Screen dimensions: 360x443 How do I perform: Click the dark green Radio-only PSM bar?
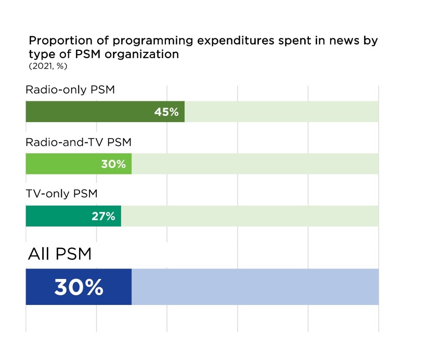tap(88, 112)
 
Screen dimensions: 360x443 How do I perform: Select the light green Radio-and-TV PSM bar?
tap(62, 164)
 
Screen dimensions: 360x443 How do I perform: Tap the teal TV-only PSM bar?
tap(57, 216)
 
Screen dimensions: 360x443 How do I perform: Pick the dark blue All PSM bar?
tap(39, 287)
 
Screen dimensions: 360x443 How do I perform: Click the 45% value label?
tap(166, 112)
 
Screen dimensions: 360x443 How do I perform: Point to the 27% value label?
tap(103, 216)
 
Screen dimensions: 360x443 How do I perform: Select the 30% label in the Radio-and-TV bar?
tap(113, 164)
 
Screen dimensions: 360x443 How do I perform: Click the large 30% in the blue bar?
tap(79, 287)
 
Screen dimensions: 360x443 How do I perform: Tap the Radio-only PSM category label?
tap(70, 90)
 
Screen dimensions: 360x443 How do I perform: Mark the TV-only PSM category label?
tap(62, 194)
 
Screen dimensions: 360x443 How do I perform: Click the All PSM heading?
tap(59, 255)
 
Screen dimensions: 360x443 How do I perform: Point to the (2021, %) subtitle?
tap(48, 66)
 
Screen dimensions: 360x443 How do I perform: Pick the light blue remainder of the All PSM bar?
tap(255, 287)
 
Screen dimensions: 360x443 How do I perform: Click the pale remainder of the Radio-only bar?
tap(281, 112)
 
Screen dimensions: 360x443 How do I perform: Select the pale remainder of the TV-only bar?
tap(250, 216)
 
